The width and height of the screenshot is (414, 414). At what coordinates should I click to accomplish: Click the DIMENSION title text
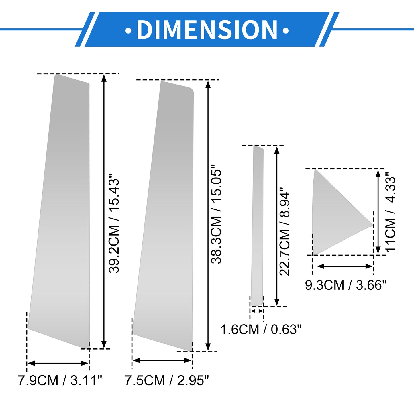coord(207,30)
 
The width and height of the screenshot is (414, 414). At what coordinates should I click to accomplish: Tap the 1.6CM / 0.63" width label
coord(261,329)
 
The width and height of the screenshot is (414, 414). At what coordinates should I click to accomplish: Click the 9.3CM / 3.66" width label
coord(346,285)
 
